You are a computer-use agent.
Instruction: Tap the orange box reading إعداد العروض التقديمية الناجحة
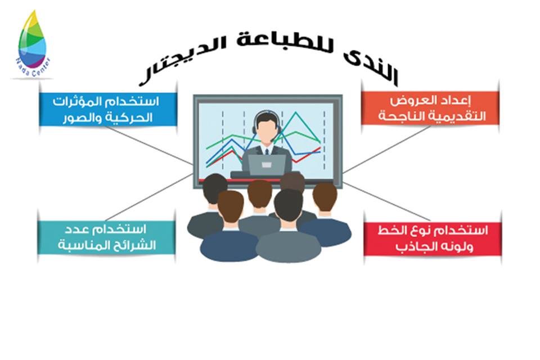tap(430, 107)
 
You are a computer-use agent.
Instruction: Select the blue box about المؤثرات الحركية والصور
tap(108, 109)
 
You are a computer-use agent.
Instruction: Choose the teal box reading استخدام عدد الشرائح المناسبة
tap(106, 237)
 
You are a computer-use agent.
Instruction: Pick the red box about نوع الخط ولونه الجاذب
tap(433, 238)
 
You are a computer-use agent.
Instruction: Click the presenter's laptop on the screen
tap(267, 165)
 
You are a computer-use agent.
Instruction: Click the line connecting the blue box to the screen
tap(148, 145)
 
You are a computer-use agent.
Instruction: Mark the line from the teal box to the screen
tap(148, 197)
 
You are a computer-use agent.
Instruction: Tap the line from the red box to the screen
tap(387, 201)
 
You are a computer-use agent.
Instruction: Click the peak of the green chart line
tap(295, 112)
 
